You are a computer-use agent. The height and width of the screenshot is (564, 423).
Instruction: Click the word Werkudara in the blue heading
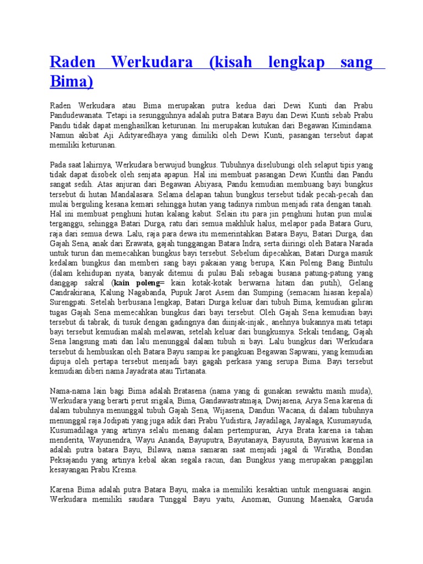click(x=151, y=62)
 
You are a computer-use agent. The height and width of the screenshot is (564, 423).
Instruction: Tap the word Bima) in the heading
click(x=72, y=82)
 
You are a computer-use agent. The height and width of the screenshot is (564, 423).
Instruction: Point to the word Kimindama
click(x=350, y=126)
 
